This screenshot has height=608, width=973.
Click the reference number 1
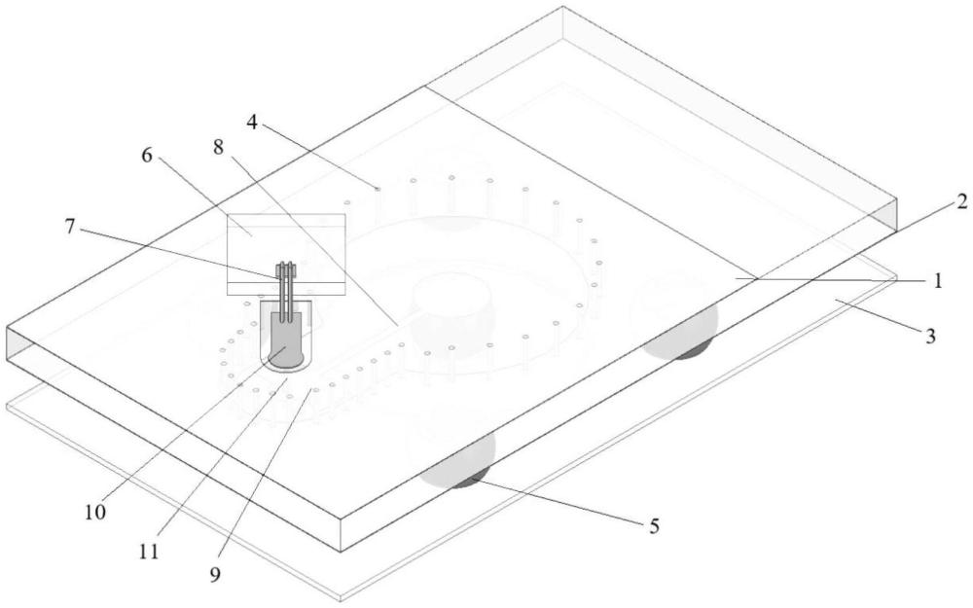coord(938,280)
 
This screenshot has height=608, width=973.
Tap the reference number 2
coord(961,201)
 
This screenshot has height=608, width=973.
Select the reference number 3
coord(929,337)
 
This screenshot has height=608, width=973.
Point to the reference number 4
coord(251,123)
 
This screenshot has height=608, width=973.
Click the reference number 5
coord(654,526)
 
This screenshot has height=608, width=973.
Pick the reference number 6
coord(147,155)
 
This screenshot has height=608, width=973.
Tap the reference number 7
coord(69,227)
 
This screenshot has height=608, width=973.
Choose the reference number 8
coord(218,147)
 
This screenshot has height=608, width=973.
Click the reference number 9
coord(215,575)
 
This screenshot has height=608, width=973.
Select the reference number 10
coord(96,512)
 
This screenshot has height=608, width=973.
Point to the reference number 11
coord(149,552)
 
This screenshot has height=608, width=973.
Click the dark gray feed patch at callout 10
coord(286,339)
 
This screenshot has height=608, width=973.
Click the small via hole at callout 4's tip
coord(378,188)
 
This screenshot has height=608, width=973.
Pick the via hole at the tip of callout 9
coord(316,390)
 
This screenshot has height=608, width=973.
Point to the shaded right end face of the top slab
coord(888,215)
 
